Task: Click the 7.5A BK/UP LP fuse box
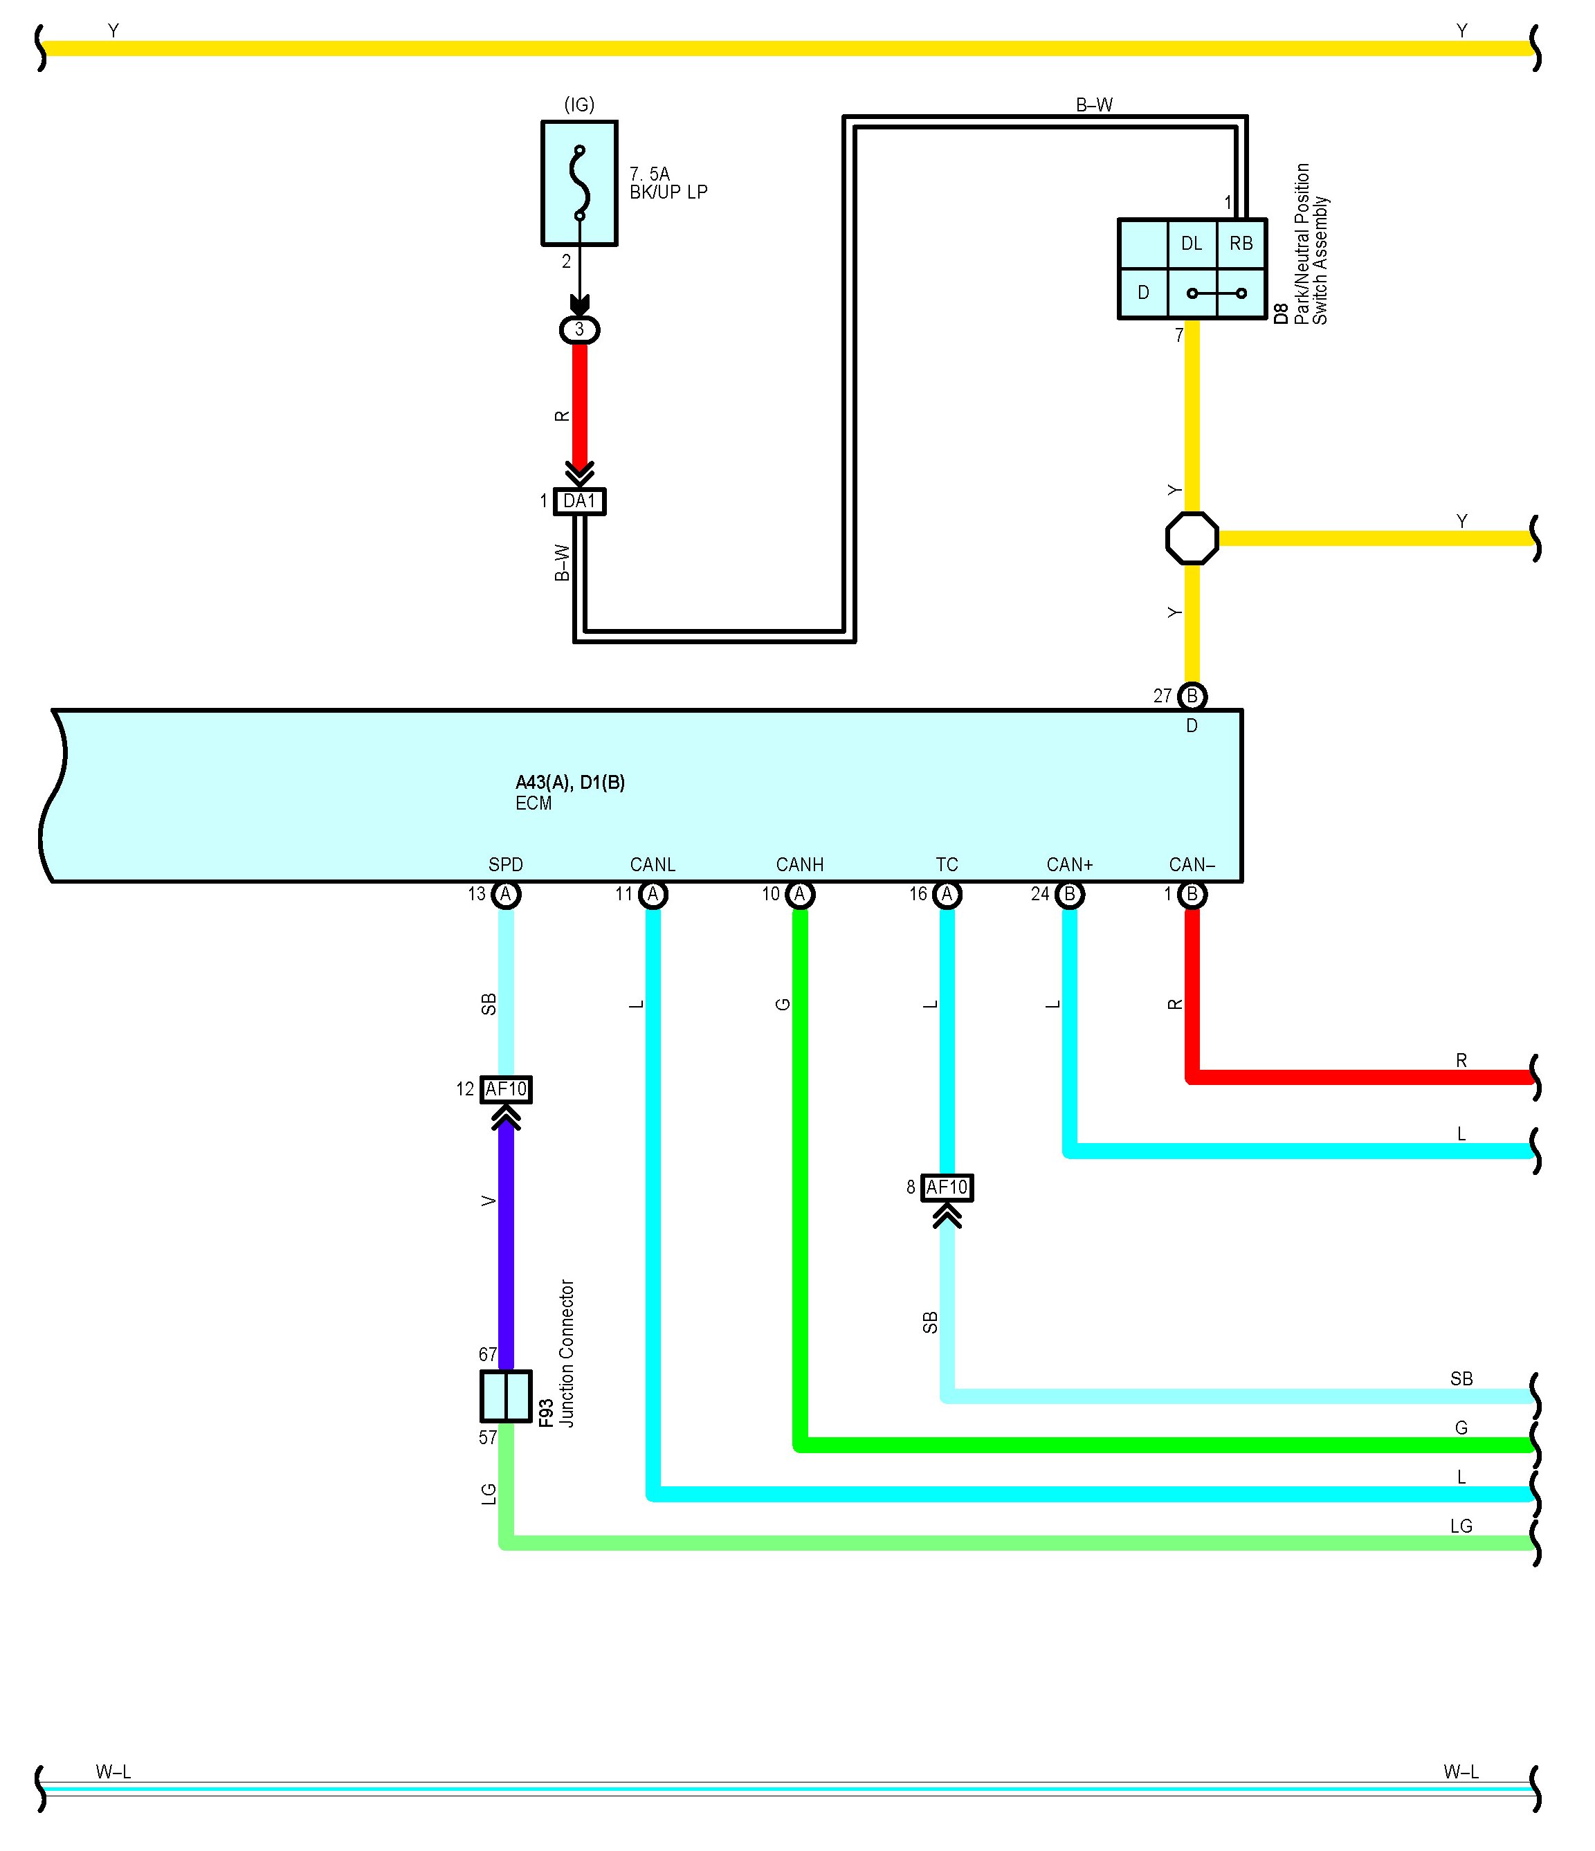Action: tap(579, 183)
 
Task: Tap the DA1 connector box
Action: tap(579, 501)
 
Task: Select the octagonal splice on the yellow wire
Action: tap(1192, 538)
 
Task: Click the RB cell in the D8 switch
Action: tap(1241, 243)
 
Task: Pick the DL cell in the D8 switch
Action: tap(1192, 243)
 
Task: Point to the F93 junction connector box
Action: tap(506, 1396)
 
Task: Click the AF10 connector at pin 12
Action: tap(506, 1089)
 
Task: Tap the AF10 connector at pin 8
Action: tap(947, 1187)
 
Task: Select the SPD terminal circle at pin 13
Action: tap(506, 894)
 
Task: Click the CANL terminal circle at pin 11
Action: tap(653, 894)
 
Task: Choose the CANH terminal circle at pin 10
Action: tap(800, 894)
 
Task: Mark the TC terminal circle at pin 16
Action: tap(947, 894)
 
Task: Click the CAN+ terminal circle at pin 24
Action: tap(1070, 894)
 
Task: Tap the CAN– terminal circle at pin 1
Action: tap(1192, 894)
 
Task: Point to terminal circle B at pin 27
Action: tap(1192, 696)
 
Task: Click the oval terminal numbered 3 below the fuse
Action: tap(579, 329)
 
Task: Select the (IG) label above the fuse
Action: tap(579, 104)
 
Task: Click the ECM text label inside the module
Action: tap(534, 803)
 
